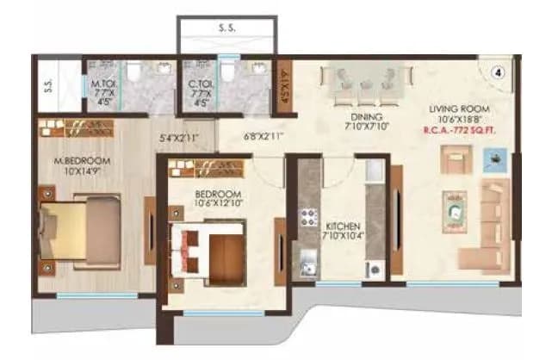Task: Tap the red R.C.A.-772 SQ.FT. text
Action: click(x=462, y=131)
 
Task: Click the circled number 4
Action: click(x=497, y=73)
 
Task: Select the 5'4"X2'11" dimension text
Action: click(x=180, y=136)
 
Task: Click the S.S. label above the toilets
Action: click(x=230, y=28)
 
